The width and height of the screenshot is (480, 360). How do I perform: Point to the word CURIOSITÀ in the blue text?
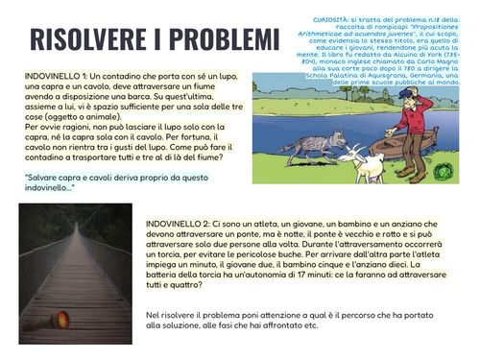pyautogui.click(x=336, y=18)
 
